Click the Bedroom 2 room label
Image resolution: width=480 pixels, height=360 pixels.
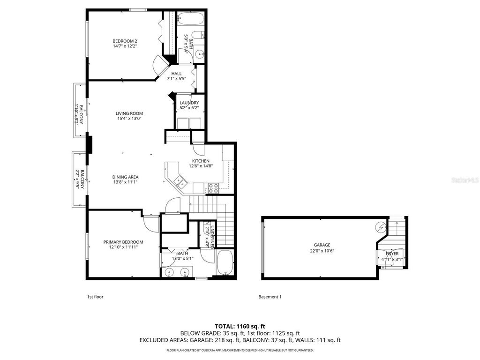click(125, 41)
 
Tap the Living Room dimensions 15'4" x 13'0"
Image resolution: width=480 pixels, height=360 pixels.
click(129, 119)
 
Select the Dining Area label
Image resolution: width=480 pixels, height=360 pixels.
click(125, 177)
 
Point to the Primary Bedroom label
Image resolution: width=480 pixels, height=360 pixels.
click(123, 242)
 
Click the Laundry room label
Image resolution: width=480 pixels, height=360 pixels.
click(189, 103)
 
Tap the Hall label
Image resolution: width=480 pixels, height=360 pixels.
click(176, 74)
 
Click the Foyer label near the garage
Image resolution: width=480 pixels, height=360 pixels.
click(392, 254)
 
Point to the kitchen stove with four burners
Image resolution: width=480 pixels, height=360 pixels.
click(213, 188)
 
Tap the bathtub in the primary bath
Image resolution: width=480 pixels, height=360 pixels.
click(225, 263)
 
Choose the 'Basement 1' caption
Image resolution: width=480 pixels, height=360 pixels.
click(270, 297)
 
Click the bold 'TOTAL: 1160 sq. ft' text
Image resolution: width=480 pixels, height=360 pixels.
click(240, 326)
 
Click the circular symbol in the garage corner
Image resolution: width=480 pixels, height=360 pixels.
click(381, 227)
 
